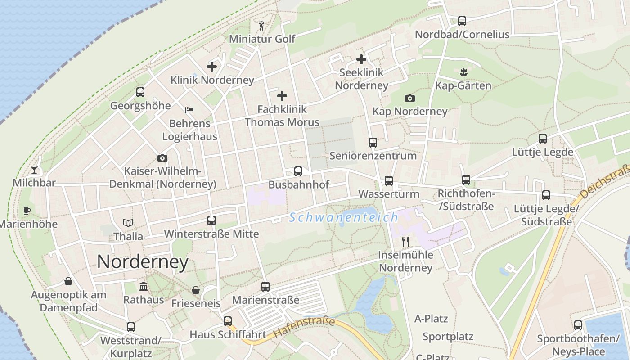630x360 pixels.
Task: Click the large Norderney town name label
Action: pyautogui.click(x=143, y=262)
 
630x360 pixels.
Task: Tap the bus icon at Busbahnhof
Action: pyautogui.click(x=298, y=171)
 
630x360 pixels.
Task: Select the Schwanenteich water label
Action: pyautogui.click(x=344, y=218)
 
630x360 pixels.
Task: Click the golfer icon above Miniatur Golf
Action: pyautogui.click(x=262, y=26)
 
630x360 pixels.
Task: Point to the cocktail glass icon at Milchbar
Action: pyautogui.click(x=34, y=170)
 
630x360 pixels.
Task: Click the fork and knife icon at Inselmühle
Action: pyautogui.click(x=405, y=242)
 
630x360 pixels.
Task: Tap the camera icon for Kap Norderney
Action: pyautogui.click(x=410, y=98)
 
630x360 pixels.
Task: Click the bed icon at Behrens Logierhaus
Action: pyautogui.click(x=189, y=110)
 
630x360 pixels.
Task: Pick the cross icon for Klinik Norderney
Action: pyautogui.click(x=212, y=67)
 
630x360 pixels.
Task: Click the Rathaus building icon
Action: pyautogui.click(x=144, y=286)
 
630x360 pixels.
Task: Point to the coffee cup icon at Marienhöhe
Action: pyautogui.click(x=27, y=211)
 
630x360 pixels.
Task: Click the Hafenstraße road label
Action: pyautogui.click(x=304, y=327)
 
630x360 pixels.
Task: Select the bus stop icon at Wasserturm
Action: pyautogui.click(x=389, y=181)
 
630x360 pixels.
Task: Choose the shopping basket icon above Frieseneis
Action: pyautogui.click(x=196, y=290)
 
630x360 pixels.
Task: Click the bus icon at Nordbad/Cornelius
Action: pyautogui.click(x=462, y=21)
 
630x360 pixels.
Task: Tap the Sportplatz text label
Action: pyautogui.click(x=448, y=337)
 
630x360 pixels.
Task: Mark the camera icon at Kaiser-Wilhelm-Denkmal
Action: pyautogui.click(x=162, y=158)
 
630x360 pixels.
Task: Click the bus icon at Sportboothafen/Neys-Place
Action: pyautogui.click(x=578, y=325)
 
